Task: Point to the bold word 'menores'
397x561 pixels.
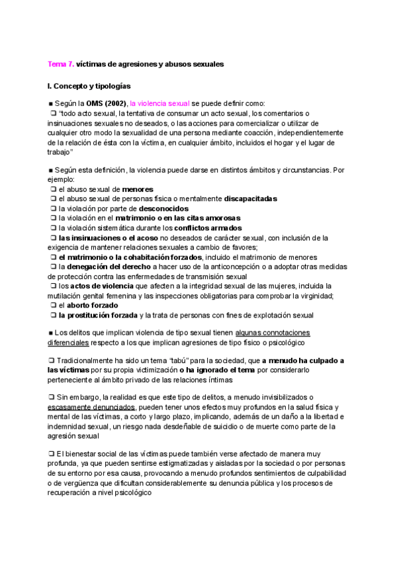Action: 138,189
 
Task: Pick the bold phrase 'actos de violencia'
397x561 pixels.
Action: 99,285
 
